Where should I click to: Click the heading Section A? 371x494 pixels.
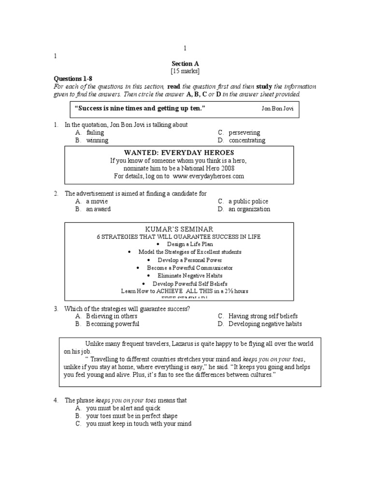185,63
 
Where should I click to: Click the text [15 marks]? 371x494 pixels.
185,71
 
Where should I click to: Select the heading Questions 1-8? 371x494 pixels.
71,79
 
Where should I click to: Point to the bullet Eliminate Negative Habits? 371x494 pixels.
185,275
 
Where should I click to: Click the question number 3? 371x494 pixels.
56,308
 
